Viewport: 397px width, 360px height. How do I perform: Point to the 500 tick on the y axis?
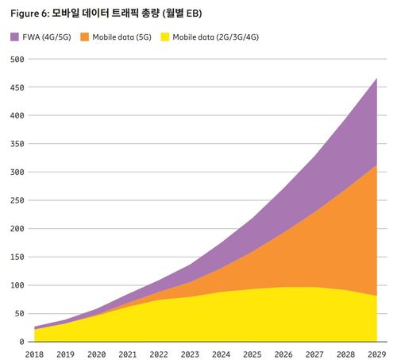tap(15, 59)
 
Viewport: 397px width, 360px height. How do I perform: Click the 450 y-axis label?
tap(15, 87)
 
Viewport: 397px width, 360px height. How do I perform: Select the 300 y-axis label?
tap(15, 172)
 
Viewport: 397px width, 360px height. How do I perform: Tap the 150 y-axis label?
tap(15, 257)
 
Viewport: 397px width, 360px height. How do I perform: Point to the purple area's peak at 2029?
tap(376, 79)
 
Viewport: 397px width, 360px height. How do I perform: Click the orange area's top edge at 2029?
tap(376, 165)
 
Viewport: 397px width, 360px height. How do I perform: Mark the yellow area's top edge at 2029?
tap(376, 296)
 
